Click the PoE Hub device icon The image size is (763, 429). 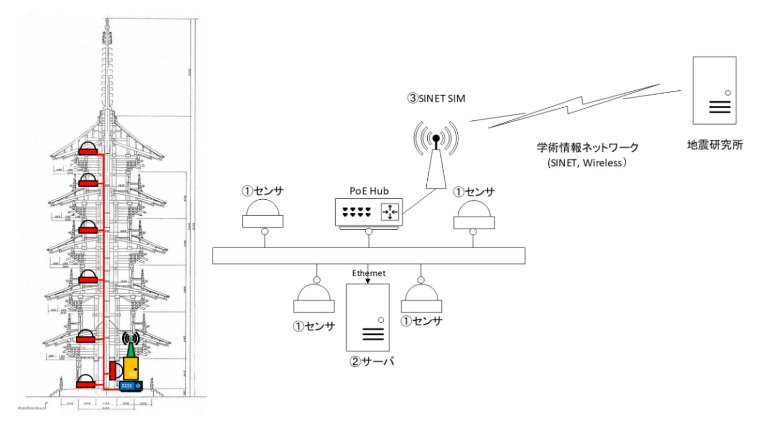(x=368, y=212)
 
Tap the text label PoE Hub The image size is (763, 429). (x=368, y=191)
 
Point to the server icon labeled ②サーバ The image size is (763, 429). (x=368, y=317)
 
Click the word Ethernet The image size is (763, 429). (x=368, y=273)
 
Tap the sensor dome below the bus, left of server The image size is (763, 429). (x=314, y=298)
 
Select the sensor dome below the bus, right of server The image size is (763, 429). (x=421, y=298)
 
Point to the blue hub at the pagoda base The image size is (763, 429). (x=130, y=385)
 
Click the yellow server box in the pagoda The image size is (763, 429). (x=131, y=368)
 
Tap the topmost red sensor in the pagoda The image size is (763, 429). (x=88, y=149)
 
